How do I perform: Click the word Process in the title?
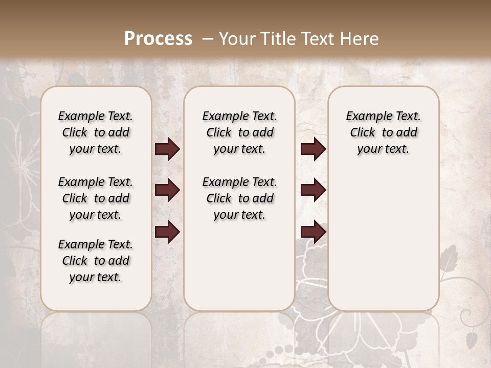(158, 39)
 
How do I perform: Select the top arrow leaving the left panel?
(167, 149)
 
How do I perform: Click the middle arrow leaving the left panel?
(167, 191)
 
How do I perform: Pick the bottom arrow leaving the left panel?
(167, 232)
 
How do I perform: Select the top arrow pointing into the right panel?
(313, 149)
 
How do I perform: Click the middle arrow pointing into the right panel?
(313, 191)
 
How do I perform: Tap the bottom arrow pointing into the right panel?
(313, 232)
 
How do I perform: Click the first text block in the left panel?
(96, 132)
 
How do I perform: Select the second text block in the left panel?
(96, 198)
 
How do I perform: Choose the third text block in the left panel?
(96, 261)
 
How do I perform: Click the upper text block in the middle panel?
(239, 132)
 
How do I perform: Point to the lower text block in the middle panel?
(239, 198)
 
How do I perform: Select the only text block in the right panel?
(383, 132)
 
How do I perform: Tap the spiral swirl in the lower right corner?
(466, 317)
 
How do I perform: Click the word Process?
(158, 39)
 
